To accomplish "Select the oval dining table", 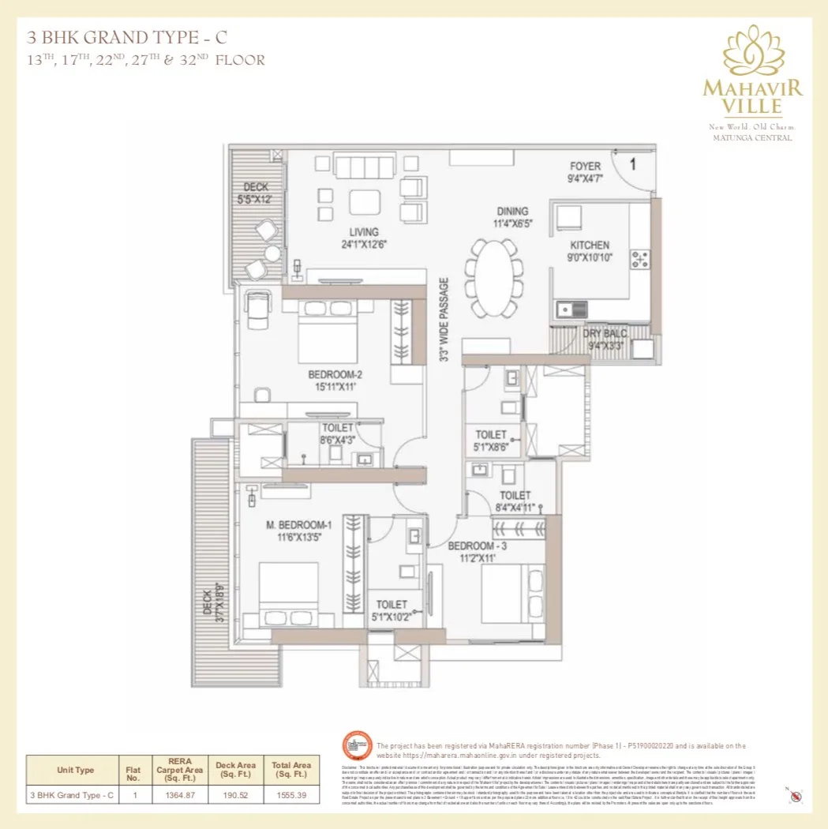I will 493,277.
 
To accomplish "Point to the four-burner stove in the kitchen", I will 639,258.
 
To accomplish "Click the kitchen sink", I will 571,309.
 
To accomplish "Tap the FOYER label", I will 585,167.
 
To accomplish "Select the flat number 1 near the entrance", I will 633,164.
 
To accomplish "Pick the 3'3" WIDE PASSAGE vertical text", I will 444,319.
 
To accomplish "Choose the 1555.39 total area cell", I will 291,795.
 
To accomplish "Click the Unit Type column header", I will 75,770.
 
